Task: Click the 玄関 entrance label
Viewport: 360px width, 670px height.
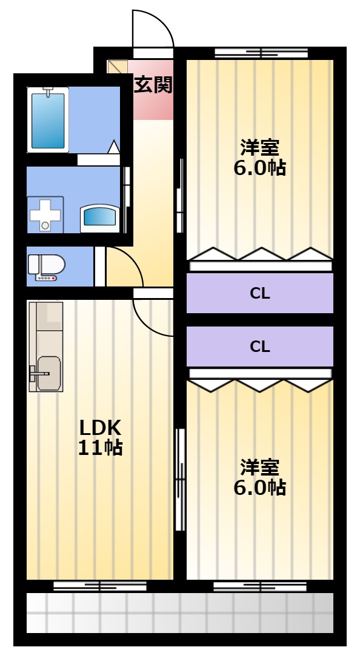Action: tap(153, 85)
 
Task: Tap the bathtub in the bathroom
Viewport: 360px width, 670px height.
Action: tap(48, 120)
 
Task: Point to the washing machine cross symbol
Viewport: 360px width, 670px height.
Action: tap(45, 214)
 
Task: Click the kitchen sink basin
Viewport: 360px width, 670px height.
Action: tap(48, 373)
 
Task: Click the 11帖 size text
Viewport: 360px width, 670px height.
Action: tap(100, 448)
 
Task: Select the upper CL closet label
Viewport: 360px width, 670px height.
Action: tap(260, 294)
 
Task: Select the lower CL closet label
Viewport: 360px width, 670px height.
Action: tap(260, 347)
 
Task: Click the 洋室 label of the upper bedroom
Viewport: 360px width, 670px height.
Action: tap(259, 147)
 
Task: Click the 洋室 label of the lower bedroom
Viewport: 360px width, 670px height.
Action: tap(259, 467)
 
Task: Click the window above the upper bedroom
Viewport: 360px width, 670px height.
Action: tap(261, 53)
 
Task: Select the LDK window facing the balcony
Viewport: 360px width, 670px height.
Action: tap(99, 586)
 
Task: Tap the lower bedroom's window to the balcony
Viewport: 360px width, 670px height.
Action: tap(261, 586)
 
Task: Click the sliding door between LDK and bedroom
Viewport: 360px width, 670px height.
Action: tap(181, 479)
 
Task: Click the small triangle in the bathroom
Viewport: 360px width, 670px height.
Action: tap(114, 147)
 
